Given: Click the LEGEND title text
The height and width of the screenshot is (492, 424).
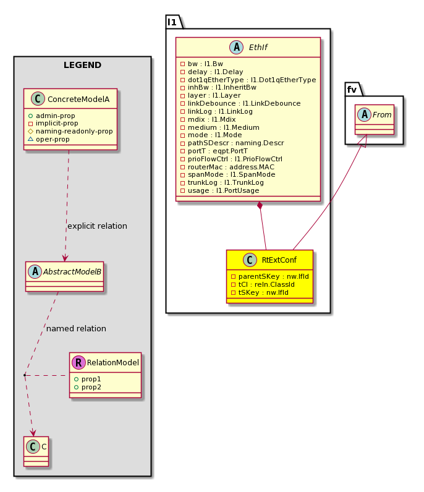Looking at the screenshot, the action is pos(82,65).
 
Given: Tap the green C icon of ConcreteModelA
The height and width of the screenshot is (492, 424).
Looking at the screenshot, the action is pos(38,99).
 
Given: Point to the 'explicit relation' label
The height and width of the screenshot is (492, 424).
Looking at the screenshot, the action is pos(97,226).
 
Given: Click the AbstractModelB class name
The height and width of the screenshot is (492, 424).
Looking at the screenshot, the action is pos(72,272).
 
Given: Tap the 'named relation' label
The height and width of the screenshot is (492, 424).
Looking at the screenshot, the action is pos(76,329).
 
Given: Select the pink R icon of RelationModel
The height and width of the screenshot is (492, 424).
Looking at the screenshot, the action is pos(78,362).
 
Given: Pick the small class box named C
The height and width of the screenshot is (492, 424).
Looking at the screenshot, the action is pos(36,451).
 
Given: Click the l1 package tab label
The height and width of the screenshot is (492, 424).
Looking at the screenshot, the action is pos(172,22).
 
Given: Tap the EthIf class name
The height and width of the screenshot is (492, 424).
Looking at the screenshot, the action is pos(258,48).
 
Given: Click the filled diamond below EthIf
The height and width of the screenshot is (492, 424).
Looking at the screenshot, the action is pos(260,206).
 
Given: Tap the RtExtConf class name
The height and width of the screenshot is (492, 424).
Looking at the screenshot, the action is pos(279,260).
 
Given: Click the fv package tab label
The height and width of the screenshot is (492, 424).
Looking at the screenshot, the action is pos(352,90).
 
